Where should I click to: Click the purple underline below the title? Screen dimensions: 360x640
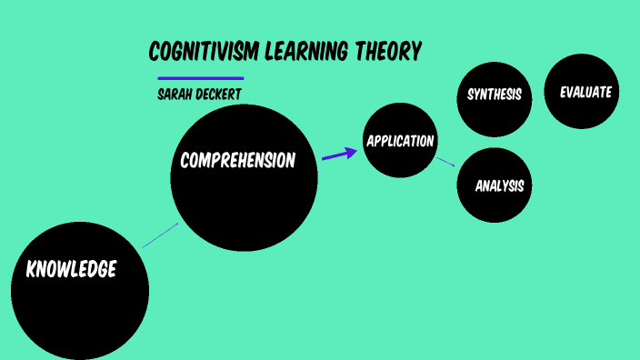pos(201,78)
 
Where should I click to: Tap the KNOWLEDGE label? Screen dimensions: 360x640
pos(71,269)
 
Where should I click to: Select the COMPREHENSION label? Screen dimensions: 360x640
pos(238,161)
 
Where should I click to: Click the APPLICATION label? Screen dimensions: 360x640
pos(400,141)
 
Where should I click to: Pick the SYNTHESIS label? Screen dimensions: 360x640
pos(495,95)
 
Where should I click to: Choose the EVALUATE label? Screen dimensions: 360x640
pos(585,92)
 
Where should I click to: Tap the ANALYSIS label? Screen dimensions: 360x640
pos(500,186)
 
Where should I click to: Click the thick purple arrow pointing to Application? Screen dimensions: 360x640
pos(338,155)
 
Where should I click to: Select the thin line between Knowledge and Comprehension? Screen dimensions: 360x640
pos(160,235)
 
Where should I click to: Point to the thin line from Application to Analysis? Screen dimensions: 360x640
pos(445,162)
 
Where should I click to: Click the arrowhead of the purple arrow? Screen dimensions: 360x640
pos(353,152)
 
